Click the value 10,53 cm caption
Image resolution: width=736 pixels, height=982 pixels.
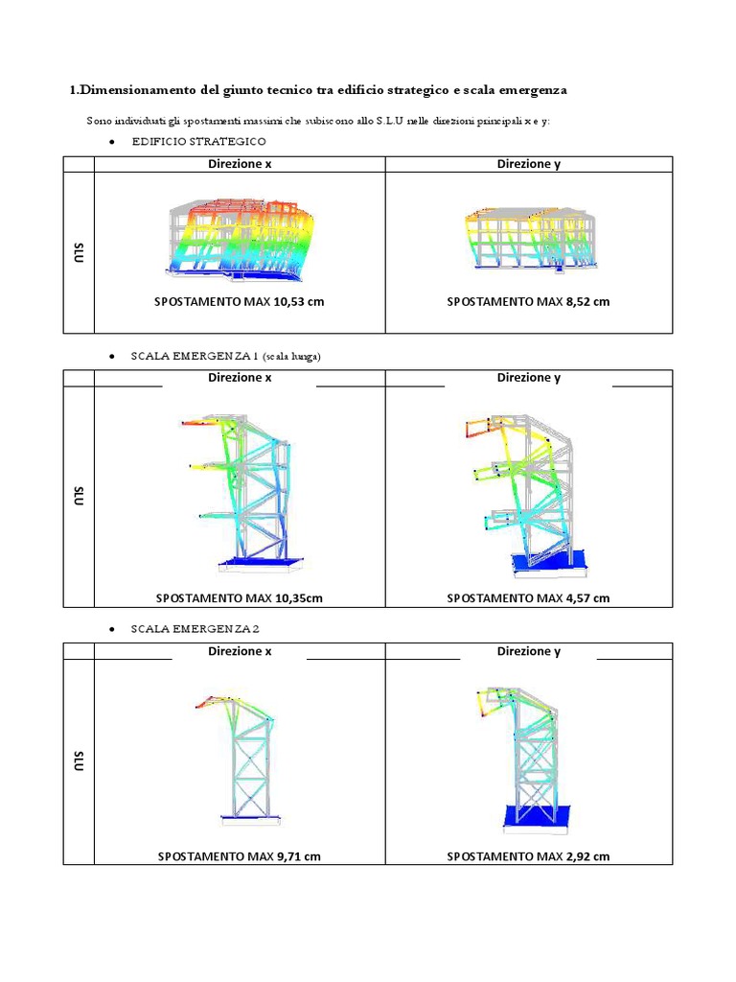coord(240,301)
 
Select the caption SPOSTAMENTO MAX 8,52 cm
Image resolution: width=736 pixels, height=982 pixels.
coord(528,301)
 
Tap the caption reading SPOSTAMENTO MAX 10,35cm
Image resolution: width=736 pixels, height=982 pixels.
coord(240,598)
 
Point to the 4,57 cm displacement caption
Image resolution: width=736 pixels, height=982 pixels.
coord(528,598)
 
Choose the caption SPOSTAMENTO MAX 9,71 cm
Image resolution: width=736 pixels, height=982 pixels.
coord(240,856)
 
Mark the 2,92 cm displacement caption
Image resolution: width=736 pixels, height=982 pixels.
coord(528,856)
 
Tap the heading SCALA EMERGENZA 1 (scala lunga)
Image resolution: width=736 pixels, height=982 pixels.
coord(225,356)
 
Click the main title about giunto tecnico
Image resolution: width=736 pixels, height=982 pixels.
coord(318,90)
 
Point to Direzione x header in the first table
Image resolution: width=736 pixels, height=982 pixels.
coord(240,164)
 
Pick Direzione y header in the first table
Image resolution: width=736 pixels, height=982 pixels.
coord(528,164)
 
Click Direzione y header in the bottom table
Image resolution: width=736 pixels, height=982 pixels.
coord(528,652)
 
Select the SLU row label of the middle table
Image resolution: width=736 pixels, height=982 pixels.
coord(79,497)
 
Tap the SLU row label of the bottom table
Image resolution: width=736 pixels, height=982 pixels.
coord(79,762)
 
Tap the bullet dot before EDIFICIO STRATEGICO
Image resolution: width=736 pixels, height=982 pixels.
coord(112,142)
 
